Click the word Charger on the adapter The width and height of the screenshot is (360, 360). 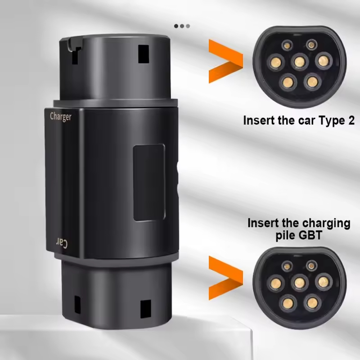coord(61,117)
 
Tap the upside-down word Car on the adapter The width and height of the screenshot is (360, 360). coord(62,243)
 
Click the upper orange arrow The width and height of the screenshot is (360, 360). coord(226,61)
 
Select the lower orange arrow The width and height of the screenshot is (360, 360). coord(226,278)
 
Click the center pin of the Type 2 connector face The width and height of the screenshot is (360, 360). coord(300,62)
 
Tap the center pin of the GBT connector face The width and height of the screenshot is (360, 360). coord(300,283)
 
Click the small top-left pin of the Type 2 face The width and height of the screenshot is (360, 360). coord(287,45)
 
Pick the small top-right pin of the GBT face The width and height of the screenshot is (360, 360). coord(311,266)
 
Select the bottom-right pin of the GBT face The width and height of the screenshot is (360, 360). coord(312,303)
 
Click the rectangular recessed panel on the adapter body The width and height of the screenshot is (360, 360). coord(149,182)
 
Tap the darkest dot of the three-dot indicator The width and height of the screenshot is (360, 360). coord(176,26)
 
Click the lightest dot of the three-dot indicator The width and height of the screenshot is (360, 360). coord(188,26)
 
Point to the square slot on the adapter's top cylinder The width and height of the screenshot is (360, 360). coord(144,54)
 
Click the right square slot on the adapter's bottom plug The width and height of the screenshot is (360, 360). coord(145,309)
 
